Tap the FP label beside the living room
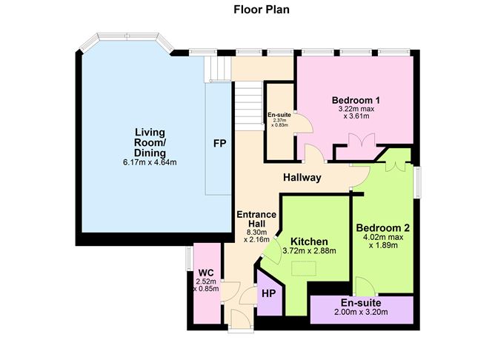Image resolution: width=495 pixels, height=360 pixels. tap(219, 142)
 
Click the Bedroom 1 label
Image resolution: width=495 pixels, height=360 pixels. tap(356, 101)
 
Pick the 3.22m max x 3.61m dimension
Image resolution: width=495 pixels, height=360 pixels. tap(356, 113)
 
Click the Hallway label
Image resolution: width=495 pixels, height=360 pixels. tap(302, 178)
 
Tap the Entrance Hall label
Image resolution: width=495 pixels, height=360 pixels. tap(256, 220)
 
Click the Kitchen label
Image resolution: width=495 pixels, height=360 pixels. tap(309, 241)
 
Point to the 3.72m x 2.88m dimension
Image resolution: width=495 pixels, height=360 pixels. tap(309, 251)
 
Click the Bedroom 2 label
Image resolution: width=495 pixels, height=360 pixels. tap(382, 227)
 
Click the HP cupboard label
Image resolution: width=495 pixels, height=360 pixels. tap(268, 293)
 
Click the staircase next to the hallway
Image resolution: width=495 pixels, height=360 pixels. tap(249, 111)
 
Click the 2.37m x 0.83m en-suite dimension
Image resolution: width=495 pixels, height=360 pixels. tap(280, 125)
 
